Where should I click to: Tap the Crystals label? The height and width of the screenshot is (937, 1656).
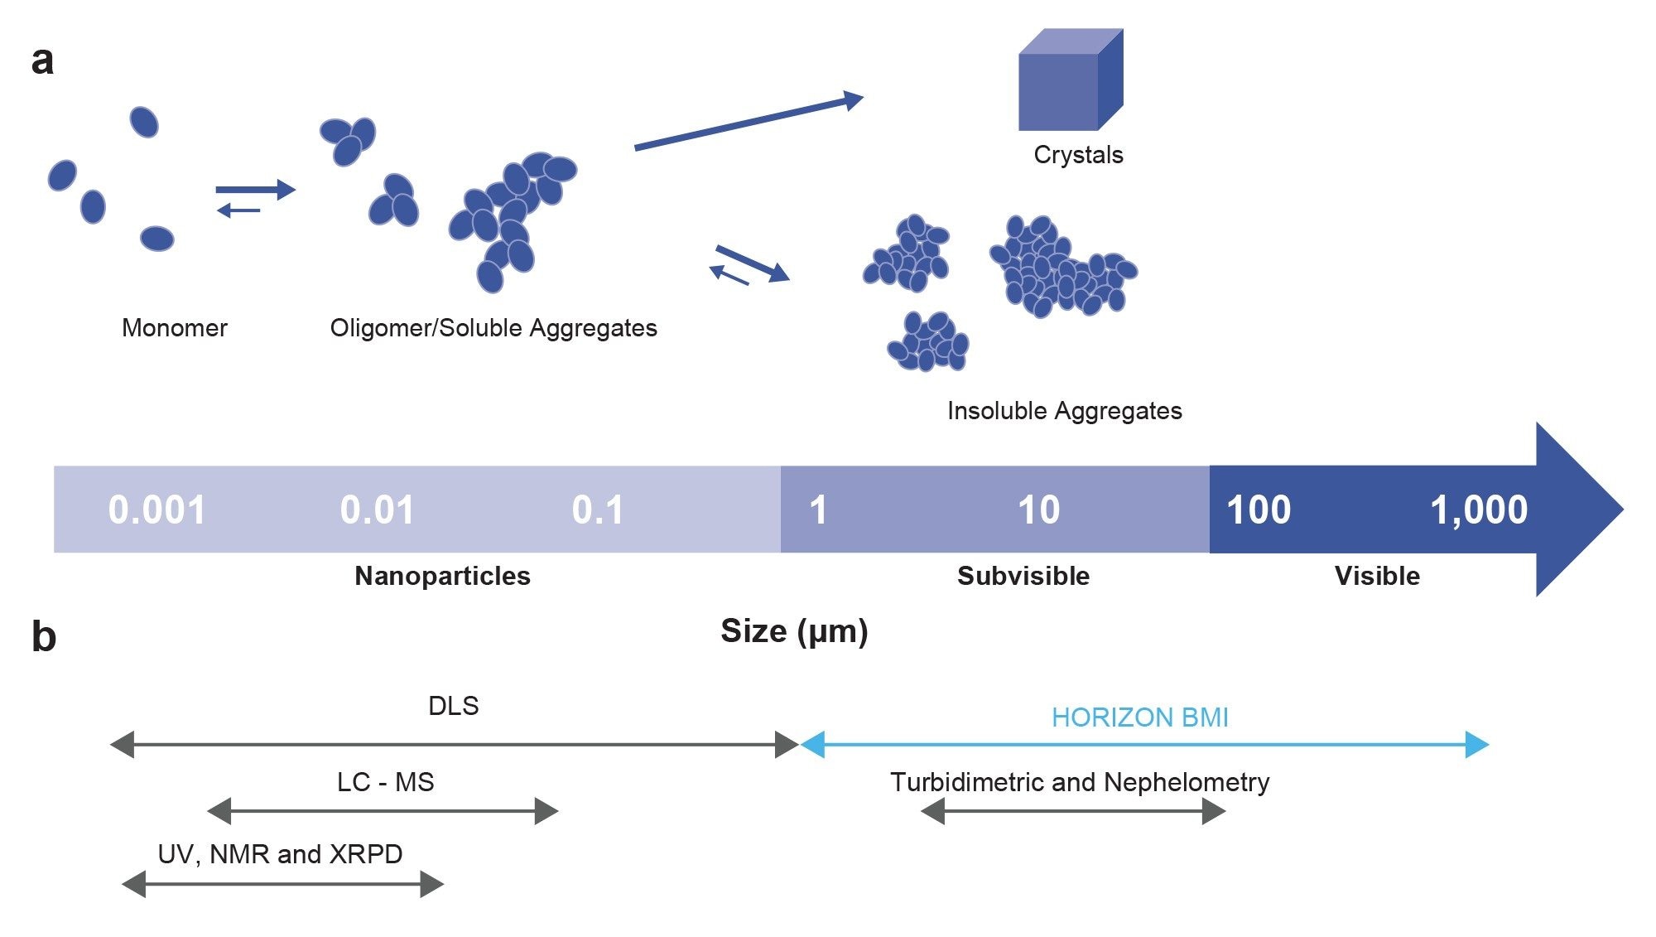click(x=1078, y=155)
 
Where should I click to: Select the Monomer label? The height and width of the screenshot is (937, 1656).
click(x=174, y=328)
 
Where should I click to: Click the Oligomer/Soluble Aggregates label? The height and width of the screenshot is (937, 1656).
click(x=493, y=328)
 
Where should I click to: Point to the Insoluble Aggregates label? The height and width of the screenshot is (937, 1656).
click(x=1064, y=411)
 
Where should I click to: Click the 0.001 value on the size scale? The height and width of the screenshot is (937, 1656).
click(x=156, y=510)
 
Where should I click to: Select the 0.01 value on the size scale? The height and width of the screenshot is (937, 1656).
click(x=377, y=510)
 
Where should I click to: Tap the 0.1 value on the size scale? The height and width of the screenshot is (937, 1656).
click(x=597, y=510)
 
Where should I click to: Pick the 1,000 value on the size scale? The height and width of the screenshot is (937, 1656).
click(x=1479, y=510)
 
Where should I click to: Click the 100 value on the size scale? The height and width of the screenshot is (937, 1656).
click(x=1258, y=510)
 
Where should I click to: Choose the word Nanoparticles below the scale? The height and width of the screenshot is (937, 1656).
click(x=442, y=576)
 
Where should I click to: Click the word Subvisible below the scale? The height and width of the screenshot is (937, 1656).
click(x=1023, y=576)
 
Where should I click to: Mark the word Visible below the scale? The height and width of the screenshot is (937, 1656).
click(x=1377, y=576)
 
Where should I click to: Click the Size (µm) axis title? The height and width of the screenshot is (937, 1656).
click(x=794, y=631)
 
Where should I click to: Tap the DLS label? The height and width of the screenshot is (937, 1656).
click(x=453, y=706)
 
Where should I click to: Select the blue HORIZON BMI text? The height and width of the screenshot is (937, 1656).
click(x=1139, y=717)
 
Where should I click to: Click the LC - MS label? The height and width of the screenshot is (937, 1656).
click(x=385, y=782)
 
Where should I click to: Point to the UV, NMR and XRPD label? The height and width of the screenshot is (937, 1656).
click(x=280, y=854)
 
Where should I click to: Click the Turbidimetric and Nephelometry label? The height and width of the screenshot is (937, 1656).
click(x=1080, y=782)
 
